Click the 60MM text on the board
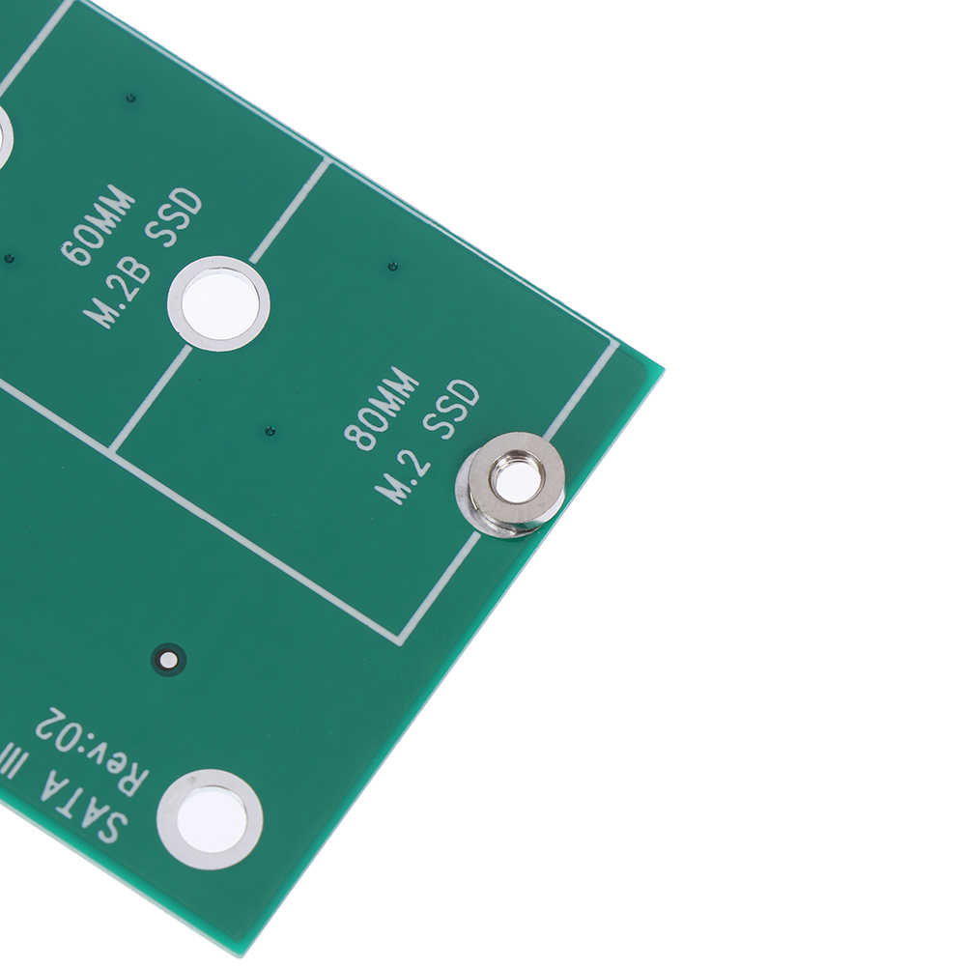[x=100, y=225]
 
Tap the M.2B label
[x=117, y=296]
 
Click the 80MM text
[x=381, y=408]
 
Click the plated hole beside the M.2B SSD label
[x=218, y=303]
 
